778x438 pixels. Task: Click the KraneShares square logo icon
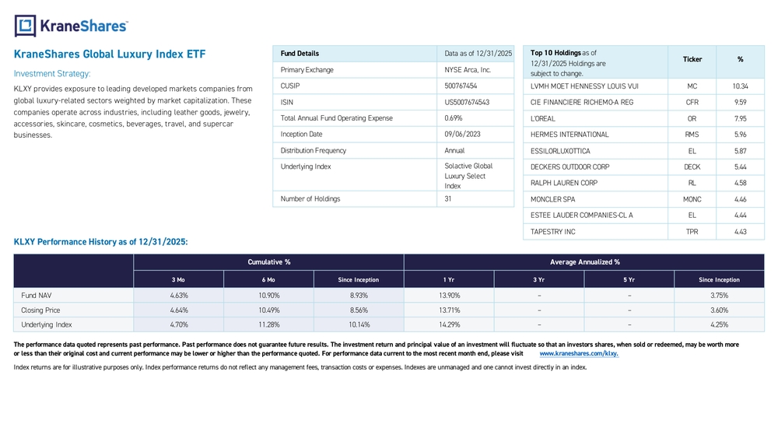tap(26, 26)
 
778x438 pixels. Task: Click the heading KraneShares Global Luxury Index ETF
tap(110, 54)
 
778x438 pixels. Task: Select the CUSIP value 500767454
tap(461, 86)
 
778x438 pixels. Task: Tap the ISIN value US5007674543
tap(467, 102)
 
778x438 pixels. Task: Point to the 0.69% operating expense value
tap(453, 118)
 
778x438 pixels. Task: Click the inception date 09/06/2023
tap(462, 134)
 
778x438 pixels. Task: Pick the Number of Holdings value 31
tap(448, 199)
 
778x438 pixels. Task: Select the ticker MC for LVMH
tap(692, 86)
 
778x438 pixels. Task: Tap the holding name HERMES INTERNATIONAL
tap(569, 135)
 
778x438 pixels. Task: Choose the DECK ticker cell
tap(692, 167)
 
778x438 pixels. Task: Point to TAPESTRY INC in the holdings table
tap(552, 232)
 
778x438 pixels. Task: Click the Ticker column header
tap(692, 60)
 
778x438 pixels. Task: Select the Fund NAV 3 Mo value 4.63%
tap(179, 295)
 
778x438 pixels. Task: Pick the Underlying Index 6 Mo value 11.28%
tap(268, 324)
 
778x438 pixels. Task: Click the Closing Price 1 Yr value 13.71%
tap(449, 310)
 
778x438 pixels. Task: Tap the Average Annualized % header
tap(584, 262)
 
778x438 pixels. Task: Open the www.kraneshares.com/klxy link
tap(579, 354)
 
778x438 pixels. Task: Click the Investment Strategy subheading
tap(52, 74)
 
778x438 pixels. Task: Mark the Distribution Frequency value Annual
tap(454, 150)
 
